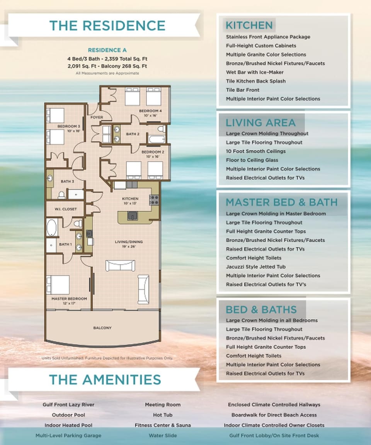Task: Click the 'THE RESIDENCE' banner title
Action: point(107,25)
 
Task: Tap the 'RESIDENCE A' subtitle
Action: point(107,50)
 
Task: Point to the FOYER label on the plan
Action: point(96,117)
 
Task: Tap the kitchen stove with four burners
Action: point(154,200)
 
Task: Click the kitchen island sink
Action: point(133,216)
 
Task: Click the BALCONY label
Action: point(102,328)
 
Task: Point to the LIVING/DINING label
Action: point(129,242)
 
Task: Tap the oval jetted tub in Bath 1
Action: point(52,228)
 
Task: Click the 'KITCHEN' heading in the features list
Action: point(249,25)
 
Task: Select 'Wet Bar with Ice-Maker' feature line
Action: point(255,72)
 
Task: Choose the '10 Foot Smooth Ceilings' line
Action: point(256,151)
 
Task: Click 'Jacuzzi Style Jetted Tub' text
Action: point(256,267)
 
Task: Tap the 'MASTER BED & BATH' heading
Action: point(281,202)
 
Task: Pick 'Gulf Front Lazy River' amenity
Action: point(68,404)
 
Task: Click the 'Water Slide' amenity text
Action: point(162,435)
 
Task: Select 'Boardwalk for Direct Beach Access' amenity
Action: point(274,415)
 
